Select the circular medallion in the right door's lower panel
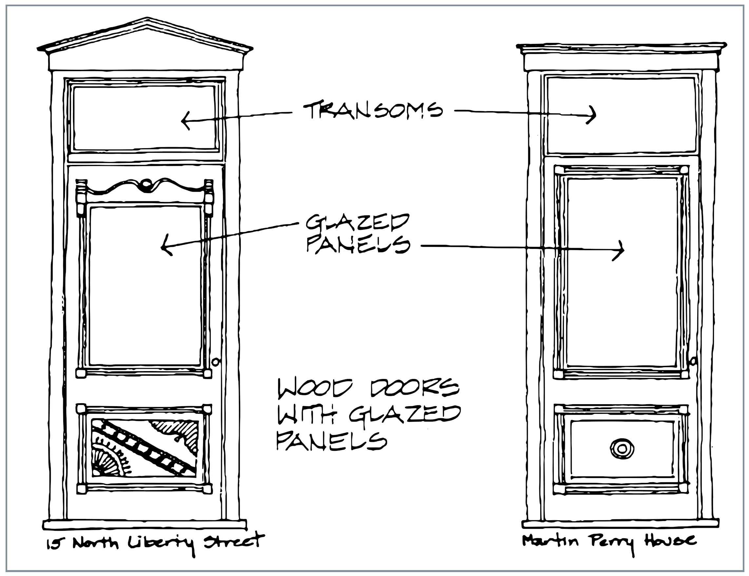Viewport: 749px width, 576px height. click(622, 449)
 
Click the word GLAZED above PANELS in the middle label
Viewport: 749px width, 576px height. click(357, 223)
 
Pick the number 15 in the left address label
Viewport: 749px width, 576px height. click(54, 545)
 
